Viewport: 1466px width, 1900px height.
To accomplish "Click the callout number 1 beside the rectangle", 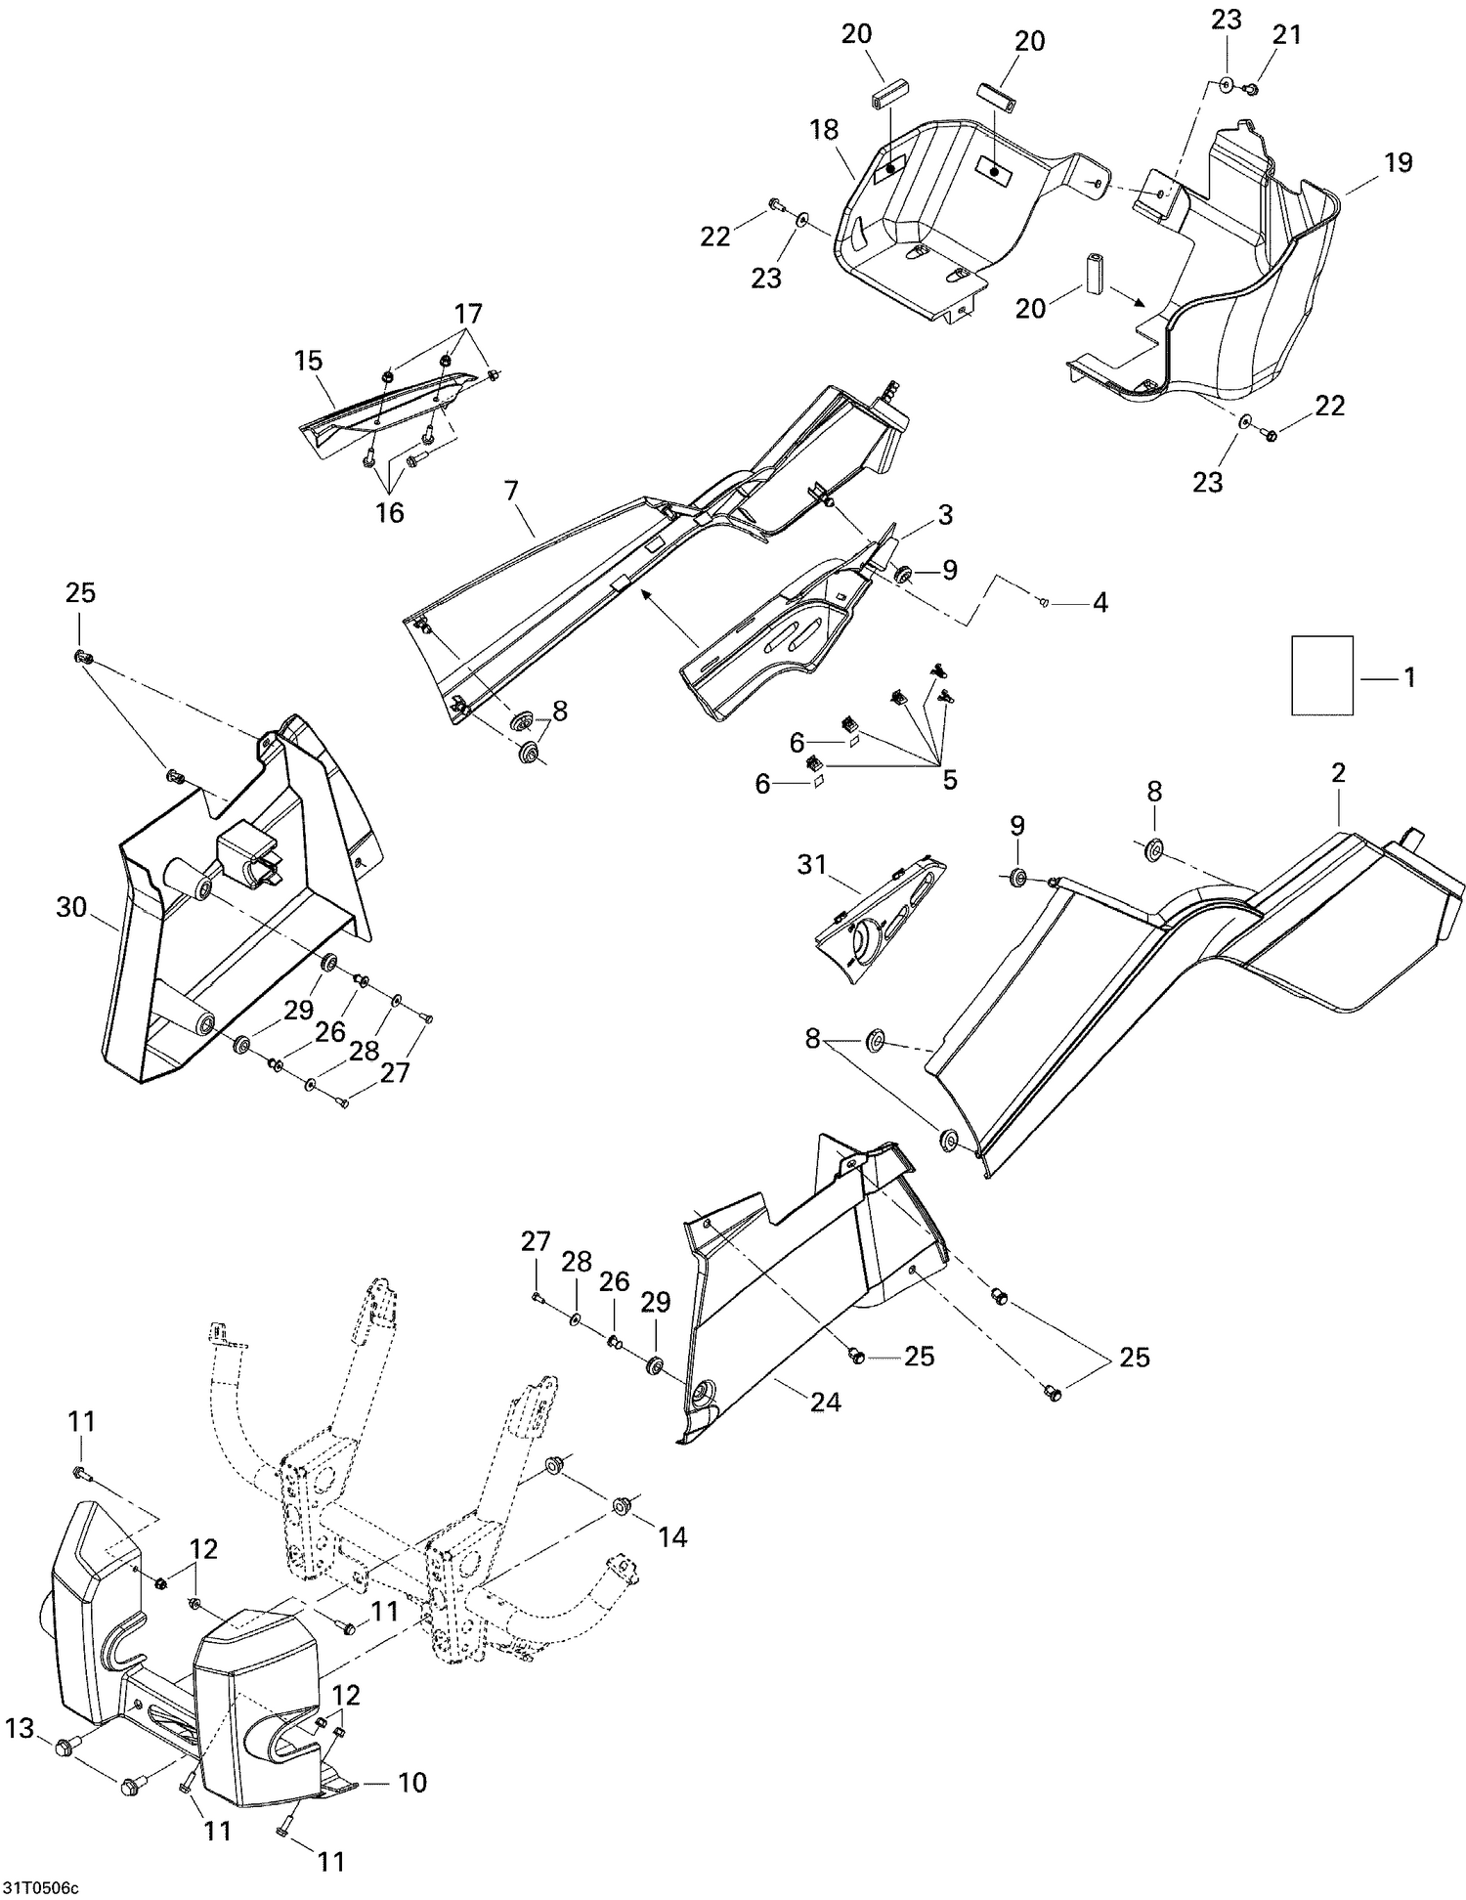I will click(x=1409, y=677).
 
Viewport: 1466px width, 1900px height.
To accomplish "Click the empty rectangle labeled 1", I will click(x=1322, y=675).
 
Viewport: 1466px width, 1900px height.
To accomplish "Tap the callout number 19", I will click(x=1399, y=162).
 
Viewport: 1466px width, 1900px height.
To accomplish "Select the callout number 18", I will click(x=825, y=130).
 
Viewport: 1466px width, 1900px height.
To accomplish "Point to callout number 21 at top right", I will click(x=1287, y=35).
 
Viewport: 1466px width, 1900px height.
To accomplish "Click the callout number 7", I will click(x=510, y=492).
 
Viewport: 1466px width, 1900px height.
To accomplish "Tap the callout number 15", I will click(x=308, y=361).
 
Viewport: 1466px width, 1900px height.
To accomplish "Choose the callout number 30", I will click(x=71, y=908).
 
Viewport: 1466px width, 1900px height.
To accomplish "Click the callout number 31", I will click(x=811, y=864).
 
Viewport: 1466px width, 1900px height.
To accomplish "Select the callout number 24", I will click(x=825, y=1403).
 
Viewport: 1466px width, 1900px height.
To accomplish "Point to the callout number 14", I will click(x=672, y=1536).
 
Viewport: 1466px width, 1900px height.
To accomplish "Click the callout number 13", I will click(x=20, y=1729).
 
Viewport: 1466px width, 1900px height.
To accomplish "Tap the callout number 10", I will click(x=412, y=1782).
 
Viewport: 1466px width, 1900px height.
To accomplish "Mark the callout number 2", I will click(x=1338, y=772).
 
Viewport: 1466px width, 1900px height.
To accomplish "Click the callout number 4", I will click(x=1099, y=603).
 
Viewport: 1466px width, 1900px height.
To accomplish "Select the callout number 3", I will click(x=945, y=515).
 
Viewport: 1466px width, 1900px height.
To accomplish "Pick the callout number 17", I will click(x=468, y=314).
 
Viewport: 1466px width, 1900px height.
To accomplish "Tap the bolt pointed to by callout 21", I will click(x=1250, y=90).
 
